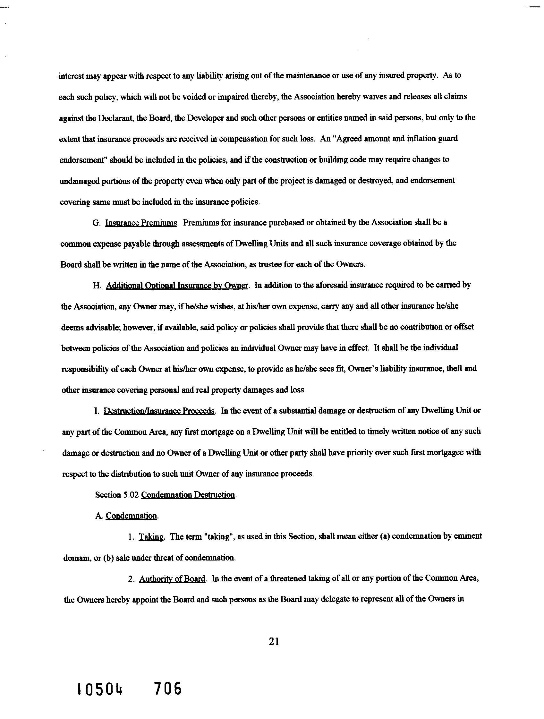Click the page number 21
[x=274, y=641]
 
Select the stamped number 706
[x=168, y=689]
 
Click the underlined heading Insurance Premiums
[x=141, y=223]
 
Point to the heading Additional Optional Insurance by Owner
[x=177, y=286]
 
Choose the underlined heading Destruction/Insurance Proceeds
[x=159, y=411]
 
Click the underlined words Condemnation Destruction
[x=189, y=495]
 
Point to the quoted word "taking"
[x=219, y=537]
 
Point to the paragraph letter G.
[x=96, y=223]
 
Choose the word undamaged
[x=79, y=181]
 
